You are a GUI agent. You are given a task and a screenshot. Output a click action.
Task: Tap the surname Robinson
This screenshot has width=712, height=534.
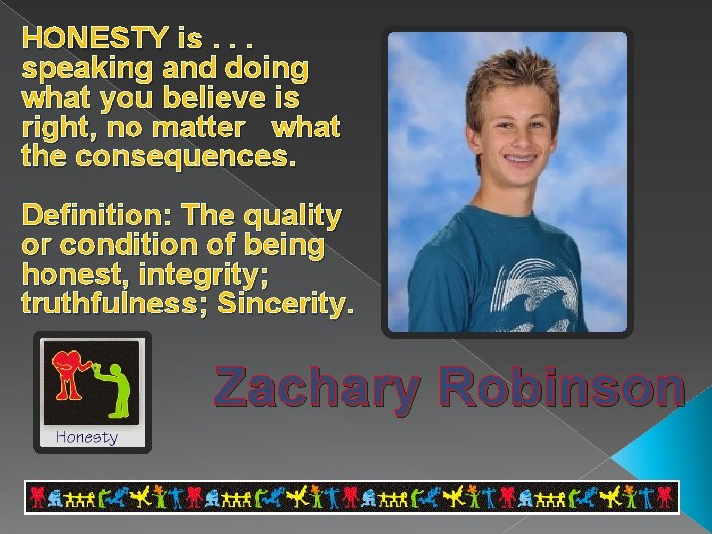(563, 387)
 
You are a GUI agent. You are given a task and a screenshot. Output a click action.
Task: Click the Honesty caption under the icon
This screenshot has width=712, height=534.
(87, 437)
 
